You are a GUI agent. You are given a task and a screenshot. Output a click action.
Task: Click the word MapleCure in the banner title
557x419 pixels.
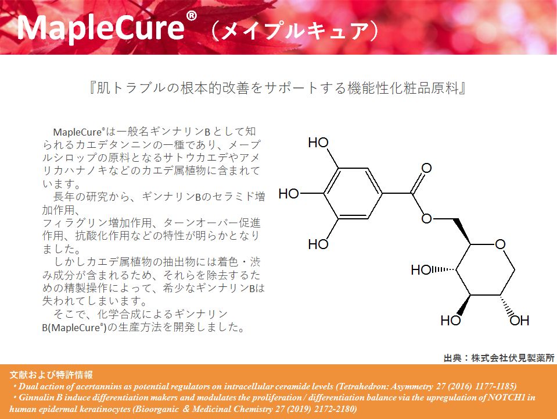[100, 28]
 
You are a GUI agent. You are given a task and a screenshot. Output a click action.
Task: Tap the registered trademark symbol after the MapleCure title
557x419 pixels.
[191, 16]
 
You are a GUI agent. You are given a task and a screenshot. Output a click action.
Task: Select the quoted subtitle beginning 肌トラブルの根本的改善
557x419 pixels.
[278, 88]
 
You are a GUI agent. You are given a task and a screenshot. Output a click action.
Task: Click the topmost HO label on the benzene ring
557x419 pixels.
[318, 143]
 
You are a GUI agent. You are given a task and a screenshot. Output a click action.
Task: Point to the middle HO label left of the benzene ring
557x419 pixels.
[289, 194]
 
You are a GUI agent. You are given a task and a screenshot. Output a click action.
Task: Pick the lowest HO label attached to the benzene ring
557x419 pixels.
[318, 244]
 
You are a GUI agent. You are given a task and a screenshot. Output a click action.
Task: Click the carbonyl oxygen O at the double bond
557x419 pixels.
[426, 168]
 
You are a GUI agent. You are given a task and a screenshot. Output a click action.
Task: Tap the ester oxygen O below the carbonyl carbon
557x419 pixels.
[426, 219]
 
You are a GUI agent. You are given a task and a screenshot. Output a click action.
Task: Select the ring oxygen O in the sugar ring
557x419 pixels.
[500, 244]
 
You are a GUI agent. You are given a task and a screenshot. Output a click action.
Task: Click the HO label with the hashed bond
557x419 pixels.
[421, 270]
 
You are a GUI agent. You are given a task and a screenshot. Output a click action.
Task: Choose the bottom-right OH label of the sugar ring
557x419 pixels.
[519, 321]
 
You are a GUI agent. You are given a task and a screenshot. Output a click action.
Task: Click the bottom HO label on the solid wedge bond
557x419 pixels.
[451, 321]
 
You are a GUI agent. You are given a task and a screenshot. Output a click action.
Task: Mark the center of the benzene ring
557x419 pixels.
[353, 193]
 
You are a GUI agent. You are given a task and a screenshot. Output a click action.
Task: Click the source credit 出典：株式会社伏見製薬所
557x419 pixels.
[499, 358]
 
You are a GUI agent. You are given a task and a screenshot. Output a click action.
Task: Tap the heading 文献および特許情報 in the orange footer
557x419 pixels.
[51, 375]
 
